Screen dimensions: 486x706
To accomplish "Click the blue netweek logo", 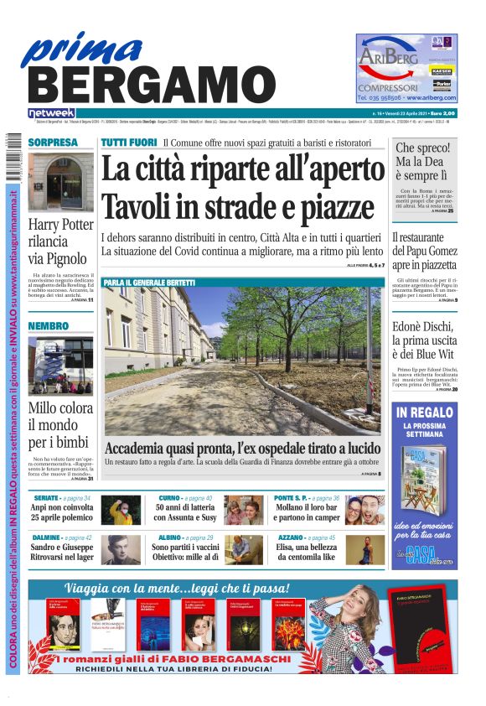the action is pos(51,112).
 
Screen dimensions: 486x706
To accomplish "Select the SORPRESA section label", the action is pos(53,143).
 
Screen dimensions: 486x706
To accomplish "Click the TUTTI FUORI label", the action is pos(129,143).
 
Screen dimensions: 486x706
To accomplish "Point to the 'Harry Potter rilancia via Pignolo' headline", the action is pos(61,241).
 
